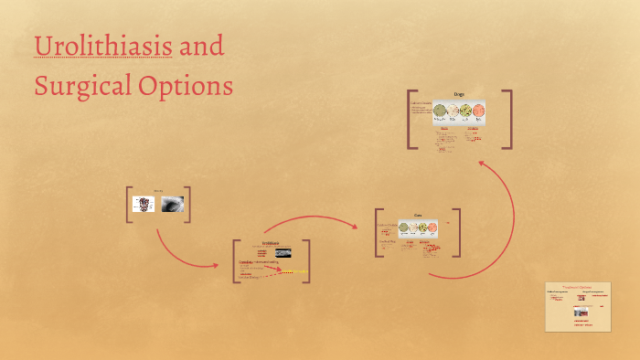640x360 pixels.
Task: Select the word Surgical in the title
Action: tap(78, 86)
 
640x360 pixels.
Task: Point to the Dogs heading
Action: tap(459, 95)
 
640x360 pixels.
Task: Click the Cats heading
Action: tap(418, 216)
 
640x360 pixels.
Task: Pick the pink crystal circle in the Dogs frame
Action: tap(477, 112)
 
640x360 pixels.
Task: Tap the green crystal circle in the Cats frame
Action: tap(424, 226)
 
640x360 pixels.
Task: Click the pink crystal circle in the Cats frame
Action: tap(435, 226)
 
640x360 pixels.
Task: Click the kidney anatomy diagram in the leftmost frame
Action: tap(145, 205)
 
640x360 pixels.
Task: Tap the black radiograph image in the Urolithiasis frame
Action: tap(279, 252)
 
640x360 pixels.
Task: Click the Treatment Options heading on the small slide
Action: tap(577, 287)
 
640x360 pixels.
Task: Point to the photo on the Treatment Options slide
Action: tap(580, 312)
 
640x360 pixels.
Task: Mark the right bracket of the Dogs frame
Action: tap(508, 119)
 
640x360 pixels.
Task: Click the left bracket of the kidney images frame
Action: tap(130, 205)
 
